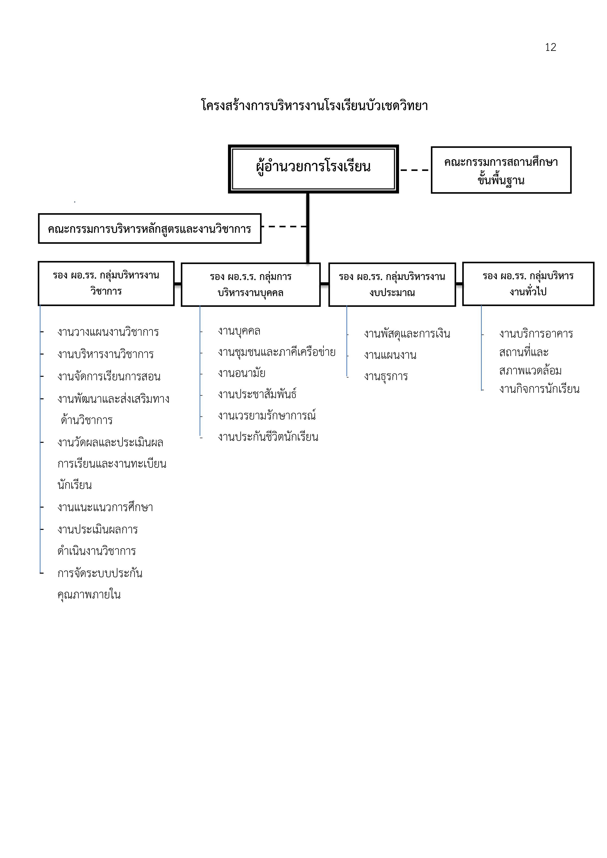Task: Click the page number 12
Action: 550,47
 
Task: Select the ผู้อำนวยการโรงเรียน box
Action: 313,169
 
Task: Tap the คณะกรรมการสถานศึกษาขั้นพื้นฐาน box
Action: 501,170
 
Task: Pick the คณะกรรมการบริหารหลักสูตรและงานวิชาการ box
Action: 149,228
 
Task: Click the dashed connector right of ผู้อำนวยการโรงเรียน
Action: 415,170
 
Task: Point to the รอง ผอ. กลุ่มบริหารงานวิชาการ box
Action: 106,283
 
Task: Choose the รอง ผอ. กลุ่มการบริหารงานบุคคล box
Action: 251,285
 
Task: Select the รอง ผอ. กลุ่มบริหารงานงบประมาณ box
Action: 392,285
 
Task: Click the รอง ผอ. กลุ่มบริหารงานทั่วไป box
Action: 528,284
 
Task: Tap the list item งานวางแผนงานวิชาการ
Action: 108,332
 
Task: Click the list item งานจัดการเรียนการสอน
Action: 109,376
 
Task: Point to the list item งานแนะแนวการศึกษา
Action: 105,507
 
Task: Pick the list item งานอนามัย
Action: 242,373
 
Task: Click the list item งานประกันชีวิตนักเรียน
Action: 268,436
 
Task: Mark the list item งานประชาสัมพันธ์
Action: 257,394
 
